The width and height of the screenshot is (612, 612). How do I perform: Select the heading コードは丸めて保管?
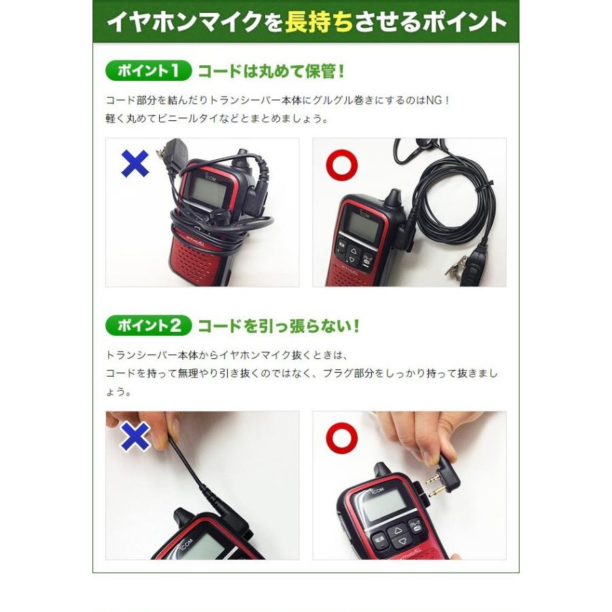pyautogui.click(x=271, y=71)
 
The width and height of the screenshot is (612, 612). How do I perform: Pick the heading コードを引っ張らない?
pyautogui.click(x=278, y=326)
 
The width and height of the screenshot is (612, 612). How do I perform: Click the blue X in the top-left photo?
pyautogui.click(x=135, y=164)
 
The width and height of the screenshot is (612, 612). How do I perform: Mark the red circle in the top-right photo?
pyautogui.click(x=341, y=164)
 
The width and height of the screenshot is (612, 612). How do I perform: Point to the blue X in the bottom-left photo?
pyautogui.click(x=135, y=437)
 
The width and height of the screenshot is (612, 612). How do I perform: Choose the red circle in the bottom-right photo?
pyautogui.click(x=341, y=437)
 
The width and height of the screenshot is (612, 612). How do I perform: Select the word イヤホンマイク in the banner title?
pyautogui.click(x=184, y=23)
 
